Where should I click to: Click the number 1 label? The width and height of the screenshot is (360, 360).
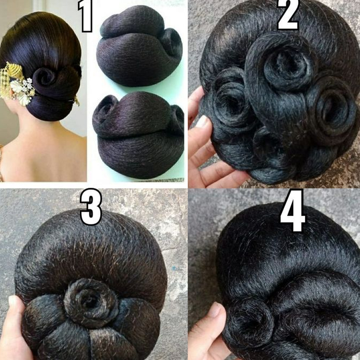[87, 16]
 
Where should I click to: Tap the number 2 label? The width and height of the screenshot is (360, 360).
[288, 15]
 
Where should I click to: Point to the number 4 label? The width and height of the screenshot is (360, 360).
[292, 214]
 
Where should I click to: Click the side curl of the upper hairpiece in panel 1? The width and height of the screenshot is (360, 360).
[171, 43]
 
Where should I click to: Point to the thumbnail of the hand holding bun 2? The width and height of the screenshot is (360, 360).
[202, 122]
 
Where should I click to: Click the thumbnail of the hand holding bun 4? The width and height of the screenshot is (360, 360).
[215, 309]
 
